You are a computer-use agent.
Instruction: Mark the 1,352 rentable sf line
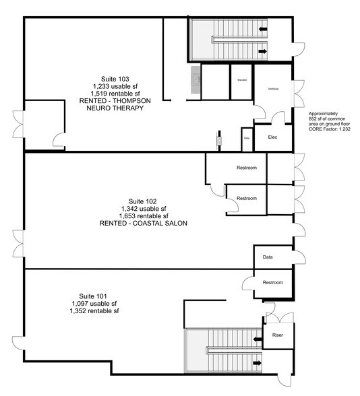tap(94, 311)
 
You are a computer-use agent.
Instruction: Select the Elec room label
tap(273, 137)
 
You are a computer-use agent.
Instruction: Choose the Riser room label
tap(277, 333)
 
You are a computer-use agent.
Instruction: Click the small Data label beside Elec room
tap(247, 137)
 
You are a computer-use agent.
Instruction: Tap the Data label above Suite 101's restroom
tap(268, 257)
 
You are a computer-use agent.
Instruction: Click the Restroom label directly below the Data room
tap(272, 282)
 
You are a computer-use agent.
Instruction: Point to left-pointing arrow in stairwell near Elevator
tap(262, 30)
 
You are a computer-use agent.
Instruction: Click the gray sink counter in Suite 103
tap(196, 80)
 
